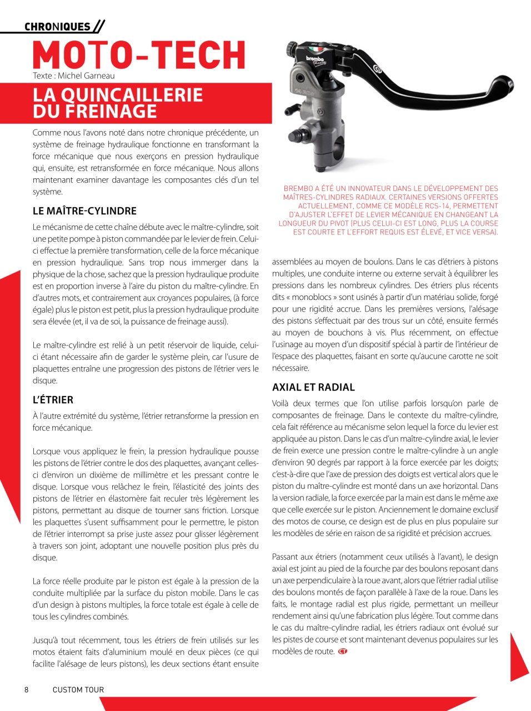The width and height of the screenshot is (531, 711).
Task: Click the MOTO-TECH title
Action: coord(139,55)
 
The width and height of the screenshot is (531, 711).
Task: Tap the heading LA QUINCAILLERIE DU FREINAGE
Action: coord(118,103)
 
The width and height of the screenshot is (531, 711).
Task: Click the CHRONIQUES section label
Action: coord(57,27)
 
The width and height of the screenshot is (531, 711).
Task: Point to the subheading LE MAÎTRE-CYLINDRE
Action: coord(84,211)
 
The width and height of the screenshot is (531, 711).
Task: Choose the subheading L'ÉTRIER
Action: coord(53,400)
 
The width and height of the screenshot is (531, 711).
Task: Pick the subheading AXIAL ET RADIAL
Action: coord(313,388)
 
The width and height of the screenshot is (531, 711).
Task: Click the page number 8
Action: coord(26,690)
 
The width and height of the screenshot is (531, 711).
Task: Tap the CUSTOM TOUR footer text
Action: coord(78,690)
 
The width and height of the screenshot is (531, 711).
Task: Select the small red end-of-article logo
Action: coord(343,652)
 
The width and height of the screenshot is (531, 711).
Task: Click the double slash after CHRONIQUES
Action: coord(99,26)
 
